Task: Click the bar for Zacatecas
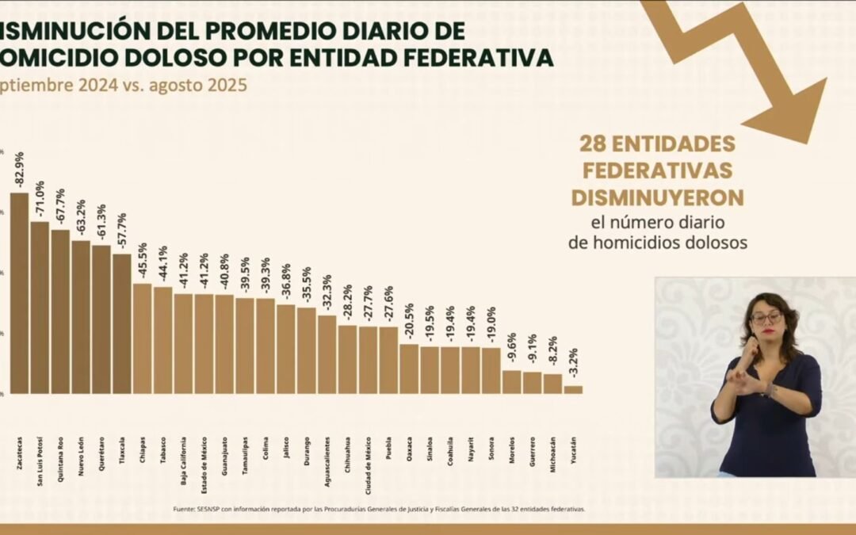click(x=19, y=293)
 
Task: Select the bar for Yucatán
click(x=574, y=389)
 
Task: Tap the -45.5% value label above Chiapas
click(x=143, y=260)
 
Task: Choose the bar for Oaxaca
click(x=409, y=369)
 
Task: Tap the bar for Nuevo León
click(x=81, y=317)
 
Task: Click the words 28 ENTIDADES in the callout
click(x=657, y=143)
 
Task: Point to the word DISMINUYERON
click(x=657, y=197)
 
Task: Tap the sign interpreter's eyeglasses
click(x=766, y=319)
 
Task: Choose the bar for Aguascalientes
click(x=327, y=354)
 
